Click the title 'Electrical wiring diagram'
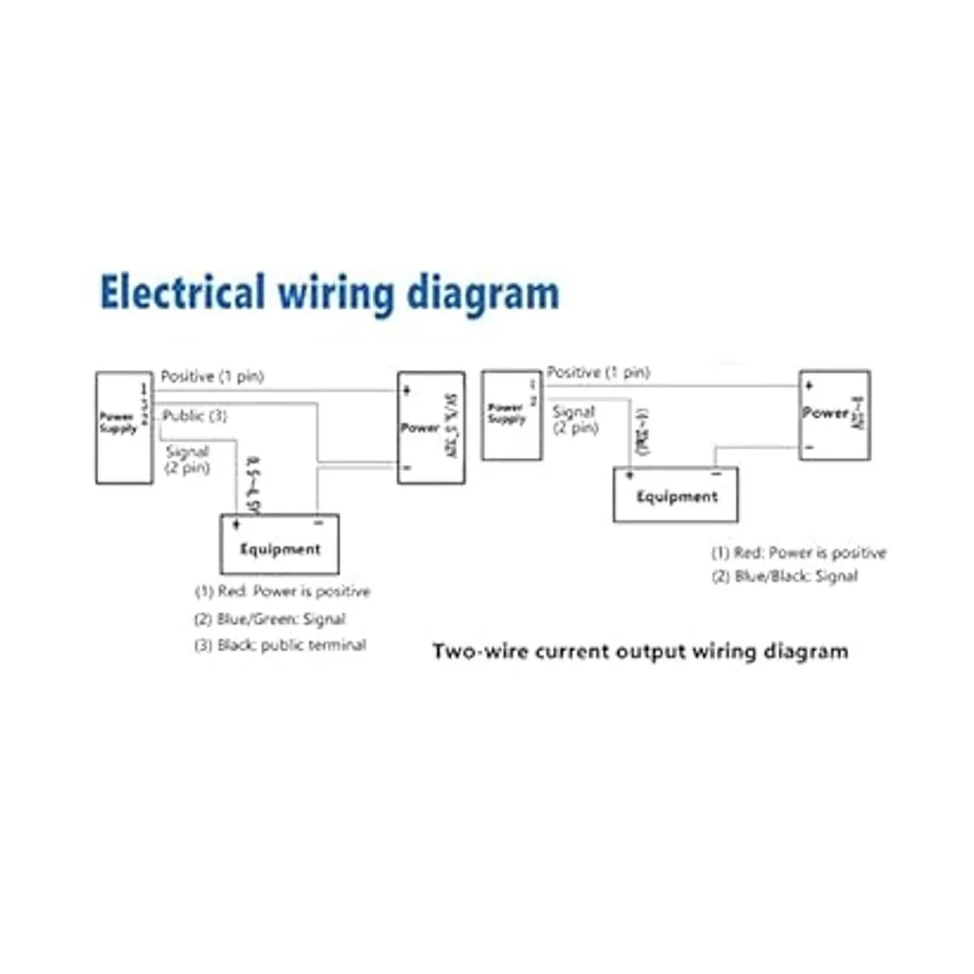pos(329,293)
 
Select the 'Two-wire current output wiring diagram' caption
pos(640,651)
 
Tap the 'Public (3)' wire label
pos(195,416)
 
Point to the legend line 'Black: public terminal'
pos(281,645)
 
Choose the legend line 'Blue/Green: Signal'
pos(270,618)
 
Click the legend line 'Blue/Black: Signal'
pos(785,576)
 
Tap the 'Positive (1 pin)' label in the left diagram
pos(212,377)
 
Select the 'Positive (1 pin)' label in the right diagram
pos(598,372)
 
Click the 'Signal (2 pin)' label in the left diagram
pos(187,459)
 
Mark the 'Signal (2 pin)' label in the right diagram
pos(575,420)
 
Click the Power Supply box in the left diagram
pos(124,427)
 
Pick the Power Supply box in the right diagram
pos(511,415)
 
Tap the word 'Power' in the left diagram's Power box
pos(420,428)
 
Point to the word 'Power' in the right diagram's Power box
pos(825,412)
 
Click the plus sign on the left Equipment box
pos(236,524)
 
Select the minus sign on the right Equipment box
pos(716,473)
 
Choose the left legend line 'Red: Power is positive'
pos(282,592)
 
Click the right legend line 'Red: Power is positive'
pos(799,553)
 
